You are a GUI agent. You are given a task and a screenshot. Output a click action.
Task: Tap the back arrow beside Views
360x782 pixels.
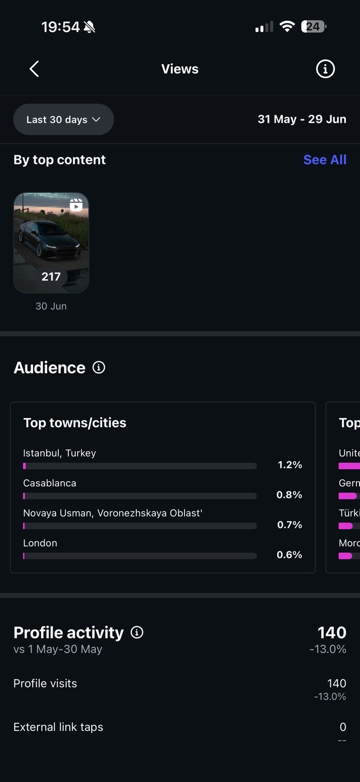[34, 69]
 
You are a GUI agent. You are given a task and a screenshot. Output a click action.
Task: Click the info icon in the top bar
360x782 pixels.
[325, 69]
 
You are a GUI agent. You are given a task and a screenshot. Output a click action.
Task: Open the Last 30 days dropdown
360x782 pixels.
[64, 119]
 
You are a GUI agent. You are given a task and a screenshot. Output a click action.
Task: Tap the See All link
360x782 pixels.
[325, 159]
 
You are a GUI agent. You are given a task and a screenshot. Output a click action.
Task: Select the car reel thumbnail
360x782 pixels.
[51, 243]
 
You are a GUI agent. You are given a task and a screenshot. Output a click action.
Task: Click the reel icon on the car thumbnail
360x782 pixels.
[76, 205]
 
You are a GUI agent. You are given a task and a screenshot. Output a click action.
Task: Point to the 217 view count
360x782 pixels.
[51, 277]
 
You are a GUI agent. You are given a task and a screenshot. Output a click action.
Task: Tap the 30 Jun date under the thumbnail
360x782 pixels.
[51, 306]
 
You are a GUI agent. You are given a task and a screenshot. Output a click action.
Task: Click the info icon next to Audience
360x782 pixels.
[99, 367]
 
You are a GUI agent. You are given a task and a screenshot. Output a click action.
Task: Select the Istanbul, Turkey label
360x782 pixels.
[59, 453]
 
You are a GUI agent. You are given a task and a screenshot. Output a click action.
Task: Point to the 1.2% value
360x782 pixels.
[290, 465]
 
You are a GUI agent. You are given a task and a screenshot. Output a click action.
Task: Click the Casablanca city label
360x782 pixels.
[50, 483]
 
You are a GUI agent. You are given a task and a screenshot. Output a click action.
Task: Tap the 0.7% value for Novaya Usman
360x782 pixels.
[289, 524]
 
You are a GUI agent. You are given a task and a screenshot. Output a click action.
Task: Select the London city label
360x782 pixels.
[40, 543]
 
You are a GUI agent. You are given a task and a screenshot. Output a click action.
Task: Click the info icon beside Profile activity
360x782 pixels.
[137, 632]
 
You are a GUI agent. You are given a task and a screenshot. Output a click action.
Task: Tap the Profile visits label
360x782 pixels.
[45, 683]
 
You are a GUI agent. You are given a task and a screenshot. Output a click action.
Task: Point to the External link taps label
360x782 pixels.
[58, 727]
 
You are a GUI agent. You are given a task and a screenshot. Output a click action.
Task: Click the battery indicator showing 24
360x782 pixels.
[313, 27]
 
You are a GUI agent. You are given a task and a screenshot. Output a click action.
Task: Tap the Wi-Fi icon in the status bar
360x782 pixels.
[287, 26]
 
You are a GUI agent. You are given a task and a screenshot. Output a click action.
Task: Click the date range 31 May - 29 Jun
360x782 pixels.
[302, 119]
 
